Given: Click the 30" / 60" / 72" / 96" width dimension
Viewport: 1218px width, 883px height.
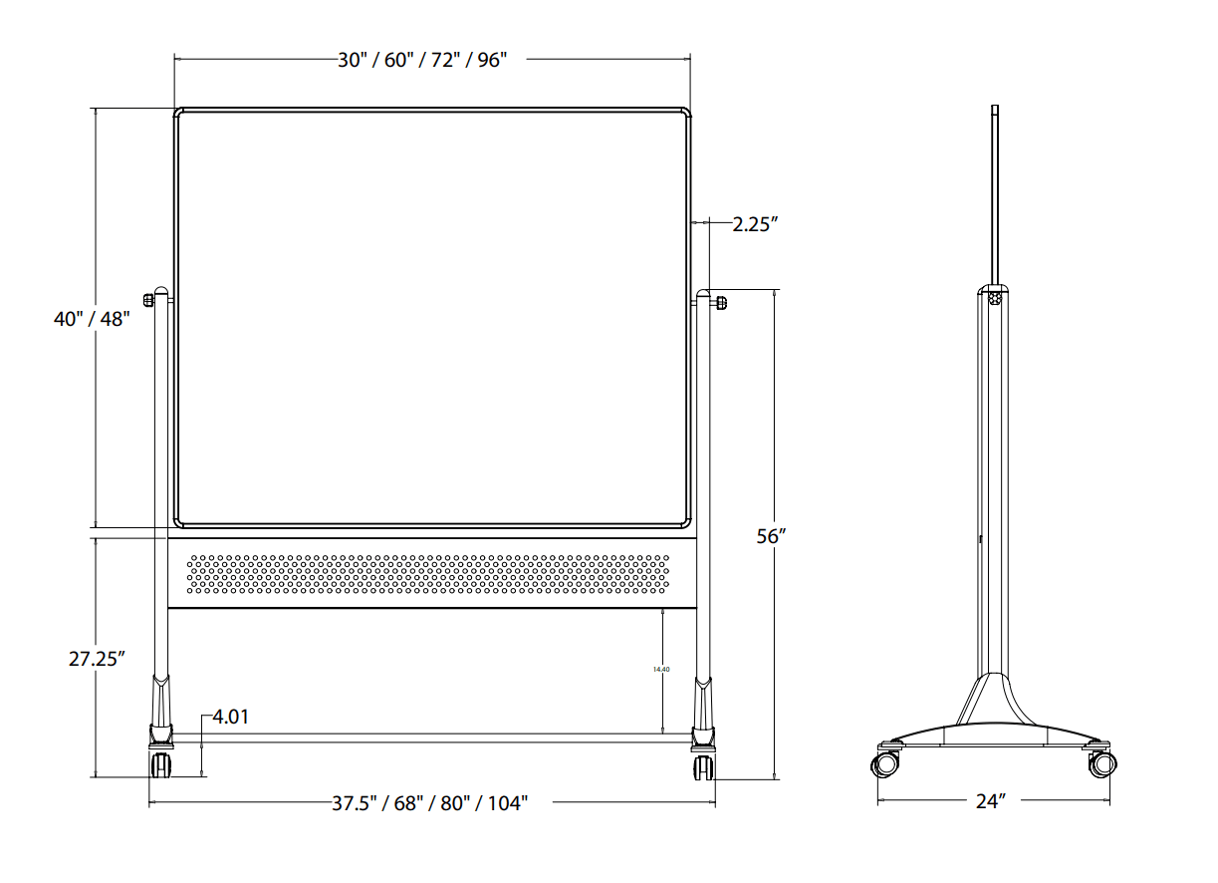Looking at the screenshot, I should (422, 60).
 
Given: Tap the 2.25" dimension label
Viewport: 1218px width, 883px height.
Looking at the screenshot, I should (755, 224).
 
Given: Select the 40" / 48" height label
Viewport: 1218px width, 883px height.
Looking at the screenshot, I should (92, 320).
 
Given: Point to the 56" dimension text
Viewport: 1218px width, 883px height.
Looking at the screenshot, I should (772, 536).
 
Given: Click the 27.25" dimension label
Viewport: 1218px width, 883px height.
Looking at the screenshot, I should (97, 659).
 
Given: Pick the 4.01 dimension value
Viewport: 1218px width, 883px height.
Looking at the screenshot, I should (230, 716).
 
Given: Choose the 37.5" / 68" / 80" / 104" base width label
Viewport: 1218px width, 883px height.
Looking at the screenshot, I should (429, 803).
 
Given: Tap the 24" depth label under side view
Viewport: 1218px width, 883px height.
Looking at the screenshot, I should (991, 801).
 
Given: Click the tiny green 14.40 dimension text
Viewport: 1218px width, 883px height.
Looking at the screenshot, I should (661, 670).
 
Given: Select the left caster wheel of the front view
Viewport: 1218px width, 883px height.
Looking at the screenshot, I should (160, 765).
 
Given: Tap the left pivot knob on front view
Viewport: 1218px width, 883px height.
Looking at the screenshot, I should (149, 298).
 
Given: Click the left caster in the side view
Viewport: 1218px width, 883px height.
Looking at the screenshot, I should (885, 764).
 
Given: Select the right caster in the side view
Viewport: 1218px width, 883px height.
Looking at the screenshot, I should (1101, 764).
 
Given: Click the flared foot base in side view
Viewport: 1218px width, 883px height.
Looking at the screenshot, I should (994, 718).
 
